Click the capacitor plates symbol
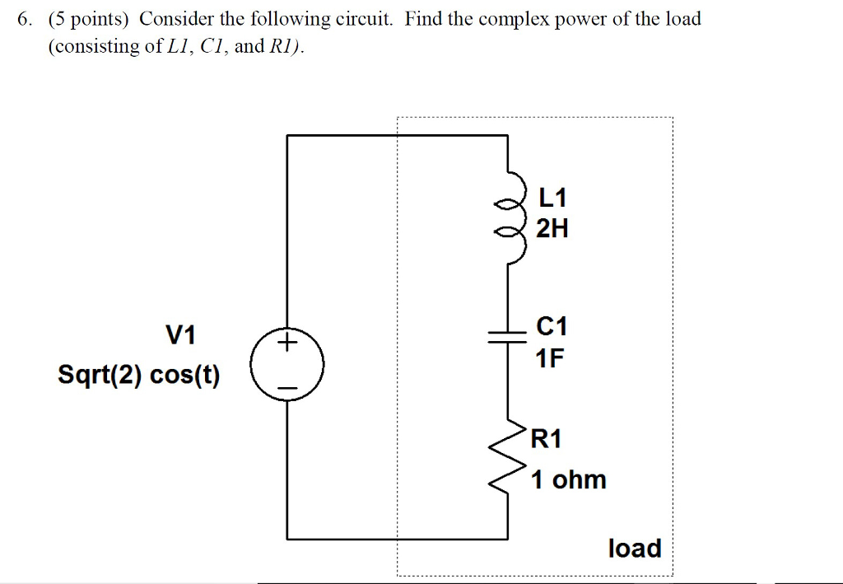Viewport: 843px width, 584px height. coord(505,334)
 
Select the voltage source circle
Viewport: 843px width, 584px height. coord(287,363)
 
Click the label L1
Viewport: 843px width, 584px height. coord(552,199)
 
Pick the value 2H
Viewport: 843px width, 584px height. coord(552,228)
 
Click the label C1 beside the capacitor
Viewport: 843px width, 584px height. coord(552,327)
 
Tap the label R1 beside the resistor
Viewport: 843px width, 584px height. coord(547,439)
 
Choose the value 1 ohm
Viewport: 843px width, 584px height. coord(568,479)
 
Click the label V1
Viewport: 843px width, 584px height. coord(181,335)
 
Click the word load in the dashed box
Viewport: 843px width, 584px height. coord(634,548)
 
